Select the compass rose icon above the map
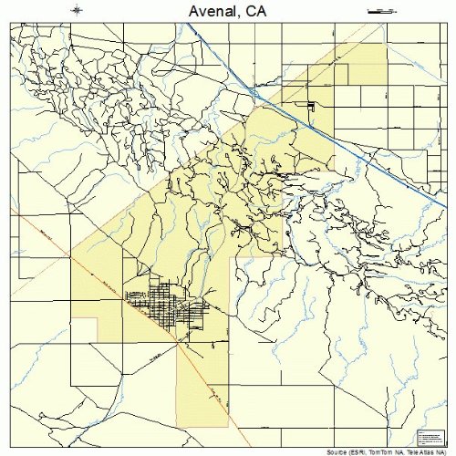[x=78, y=11]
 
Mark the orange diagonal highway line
[x=109, y=283]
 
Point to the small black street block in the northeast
[x=312, y=108]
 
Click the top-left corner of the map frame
[x=12, y=24]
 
